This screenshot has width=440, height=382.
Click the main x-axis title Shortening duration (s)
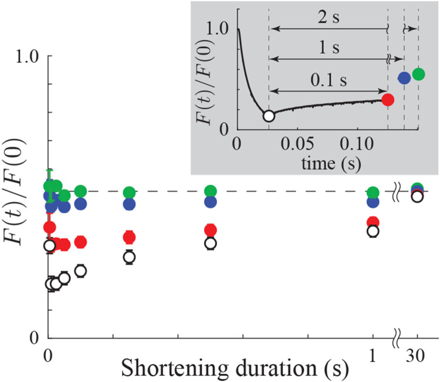click(x=235, y=369)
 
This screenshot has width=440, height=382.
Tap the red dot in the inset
click(x=387, y=99)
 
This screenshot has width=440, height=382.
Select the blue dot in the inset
click(x=404, y=77)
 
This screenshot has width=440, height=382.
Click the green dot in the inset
click(x=418, y=73)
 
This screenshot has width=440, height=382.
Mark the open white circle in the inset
click(x=268, y=116)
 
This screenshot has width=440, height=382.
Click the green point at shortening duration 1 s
click(x=373, y=192)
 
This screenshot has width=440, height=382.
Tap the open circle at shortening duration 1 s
click(x=373, y=231)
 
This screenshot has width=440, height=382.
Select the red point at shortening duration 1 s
click(x=373, y=222)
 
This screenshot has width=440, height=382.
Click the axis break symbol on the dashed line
click(x=397, y=191)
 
